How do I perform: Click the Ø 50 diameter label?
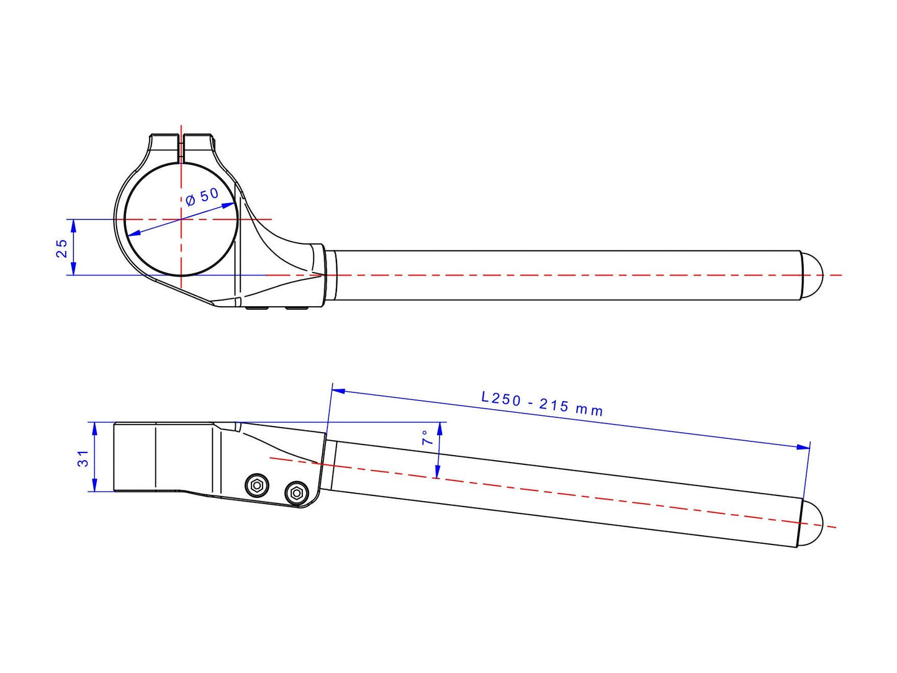pyautogui.click(x=202, y=197)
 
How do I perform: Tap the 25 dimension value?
pyautogui.click(x=61, y=248)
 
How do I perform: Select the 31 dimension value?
pyautogui.click(x=83, y=458)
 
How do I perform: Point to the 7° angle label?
pyautogui.click(x=426, y=437)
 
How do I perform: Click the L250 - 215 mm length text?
pyautogui.click(x=542, y=404)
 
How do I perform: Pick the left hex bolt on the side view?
pyautogui.click(x=257, y=486)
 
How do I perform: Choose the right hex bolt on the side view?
pyautogui.click(x=297, y=493)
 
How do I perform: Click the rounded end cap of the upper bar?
pyautogui.click(x=811, y=275)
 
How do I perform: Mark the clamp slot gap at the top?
pyautogui.click(x=181, y=148)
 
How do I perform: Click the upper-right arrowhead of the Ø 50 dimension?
pyautogui.click(x=228, y=205)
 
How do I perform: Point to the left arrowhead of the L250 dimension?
pyautogui.click(x=339, y=391)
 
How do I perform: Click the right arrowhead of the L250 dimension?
pyautogui.click(x=803, y=447)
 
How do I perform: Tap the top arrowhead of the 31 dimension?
pyautogui.click(x=94, y=430)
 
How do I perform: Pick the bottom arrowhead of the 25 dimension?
pyautogui.click(x=73, y=268)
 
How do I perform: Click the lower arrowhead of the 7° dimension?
pyautogui.click(x=437, y=471)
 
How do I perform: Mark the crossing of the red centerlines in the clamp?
pyautogui.click(x=181, y=219)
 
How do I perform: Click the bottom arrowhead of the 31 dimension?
pyautogui.click(x=94, y=484)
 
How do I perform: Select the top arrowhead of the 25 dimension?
pyautogui.click(x=73, y=227)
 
